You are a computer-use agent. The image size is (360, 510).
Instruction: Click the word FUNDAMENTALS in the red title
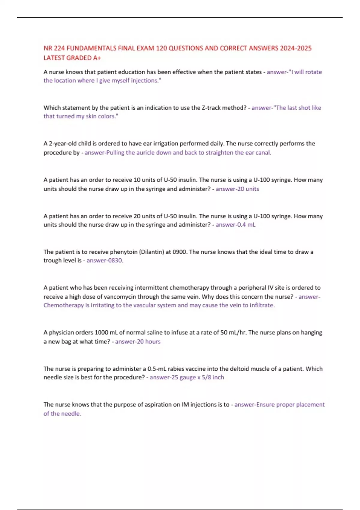(x=91, y=48)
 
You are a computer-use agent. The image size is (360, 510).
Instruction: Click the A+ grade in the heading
(x=97, y=58)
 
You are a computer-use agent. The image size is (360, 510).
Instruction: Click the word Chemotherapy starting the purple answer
(x=63, y=305)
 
